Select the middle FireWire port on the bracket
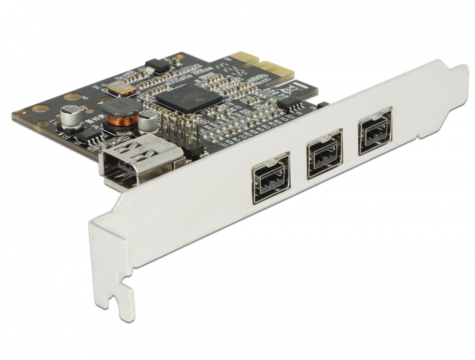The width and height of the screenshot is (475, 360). click(x=324, y=157)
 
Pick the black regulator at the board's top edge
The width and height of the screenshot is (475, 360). click(x=157, y=65)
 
